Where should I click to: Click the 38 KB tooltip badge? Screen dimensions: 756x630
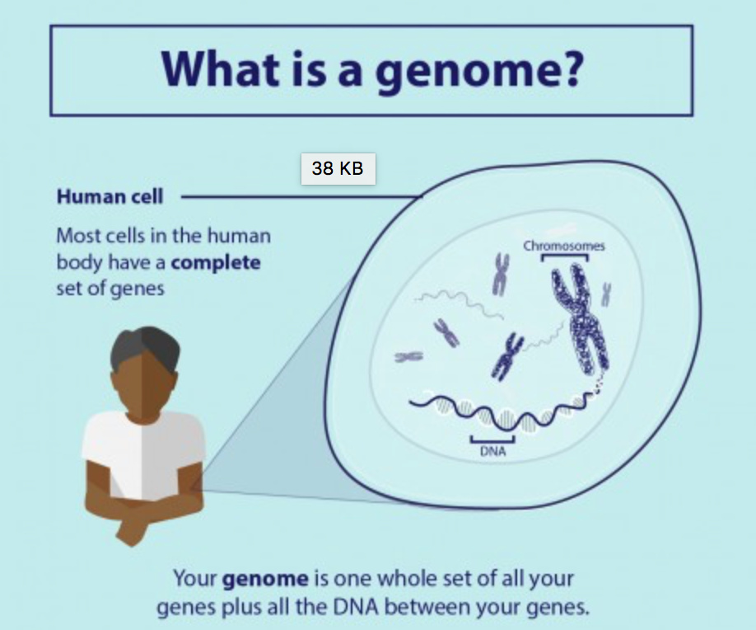pyautogui.click(x=338, y=168)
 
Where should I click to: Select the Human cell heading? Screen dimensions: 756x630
pyautogui.click(x=110, y=196)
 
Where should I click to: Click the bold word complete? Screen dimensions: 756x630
pyautogui.click(x=216, y=262)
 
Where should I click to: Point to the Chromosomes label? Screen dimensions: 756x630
pyautogui.click(x=563, y=246)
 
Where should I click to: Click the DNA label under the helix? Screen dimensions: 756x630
pyautogui.click(x=492, y=451)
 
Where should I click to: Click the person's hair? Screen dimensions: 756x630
pyautogui.click(x=145, y=346)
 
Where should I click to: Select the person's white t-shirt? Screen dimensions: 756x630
pyautogui.click(x=143, y=454)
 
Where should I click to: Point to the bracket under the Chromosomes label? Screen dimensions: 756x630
pyautogui.click(x=565, y=256)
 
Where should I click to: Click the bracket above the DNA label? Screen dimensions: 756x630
pyautogui.click(x=492, y=440)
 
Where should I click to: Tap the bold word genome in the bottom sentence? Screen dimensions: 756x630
pyautogui.click(x=265, y=578)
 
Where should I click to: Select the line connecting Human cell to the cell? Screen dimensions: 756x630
pyautogui.click(x=301, y=196)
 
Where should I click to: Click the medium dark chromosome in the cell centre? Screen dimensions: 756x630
pyautogui.click(x=506, y=356)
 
